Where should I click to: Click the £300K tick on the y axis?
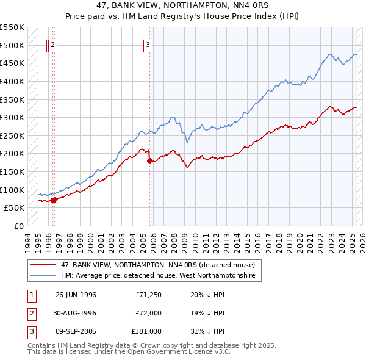pyautogui.click(x=12, y=117)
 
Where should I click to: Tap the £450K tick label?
pyautogui.click(x=12, y=63)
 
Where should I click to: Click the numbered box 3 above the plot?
pyautogui.click(x=148, y=44)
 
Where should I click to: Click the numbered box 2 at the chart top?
pyautogui.click(x=53, y=44)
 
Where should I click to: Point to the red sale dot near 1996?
pyautogui.click(x=53, y=200)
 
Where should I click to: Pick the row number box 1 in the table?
pyautogui.click(x=32, y=295)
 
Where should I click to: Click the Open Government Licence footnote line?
pyautogui.click(x=129, y=352)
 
